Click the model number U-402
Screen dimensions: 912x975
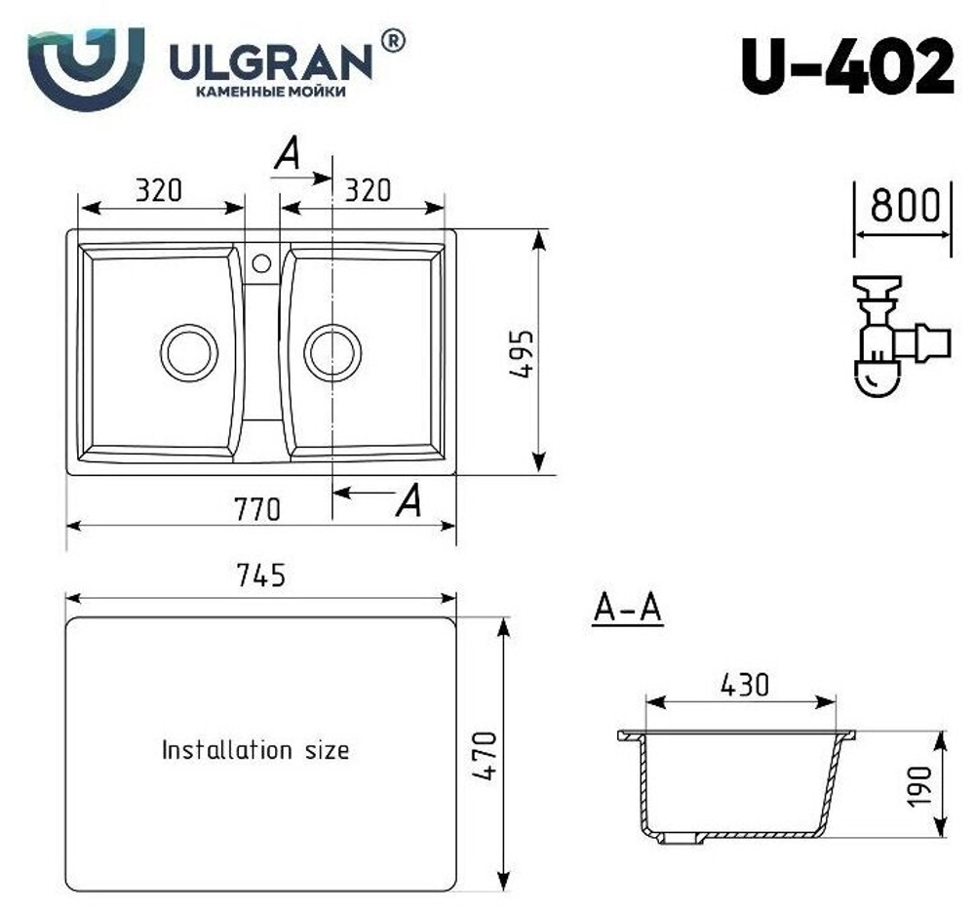tap(847, 66)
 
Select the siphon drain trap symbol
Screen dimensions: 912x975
tap(893, 337)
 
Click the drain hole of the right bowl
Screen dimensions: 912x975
tap(332, 352)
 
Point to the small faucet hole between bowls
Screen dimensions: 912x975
tap(261, 262)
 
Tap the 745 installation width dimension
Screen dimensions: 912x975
tap(259, 576)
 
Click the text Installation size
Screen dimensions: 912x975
tap(254, 750)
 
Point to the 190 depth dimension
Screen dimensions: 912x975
tap(921, 786)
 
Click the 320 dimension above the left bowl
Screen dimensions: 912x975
tap(158, 190)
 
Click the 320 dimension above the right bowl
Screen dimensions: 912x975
tap(367, 190)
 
